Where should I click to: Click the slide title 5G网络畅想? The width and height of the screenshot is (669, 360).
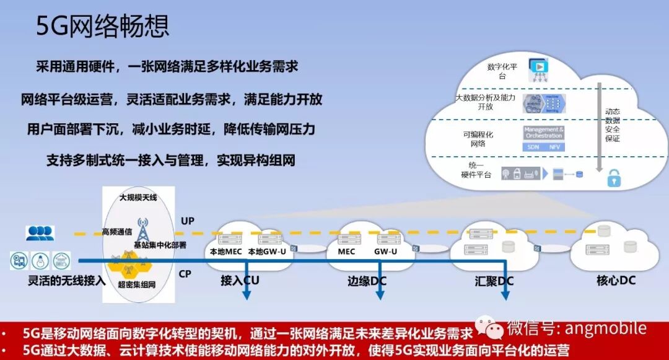(102, 26)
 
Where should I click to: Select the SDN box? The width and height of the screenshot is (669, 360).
(533, 147)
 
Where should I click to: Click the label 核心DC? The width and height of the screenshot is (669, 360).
(615, 281)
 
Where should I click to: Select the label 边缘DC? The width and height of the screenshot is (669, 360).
(367, 281)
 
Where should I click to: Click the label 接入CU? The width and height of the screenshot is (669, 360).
(240, 281)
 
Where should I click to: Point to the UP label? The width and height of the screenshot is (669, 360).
(188, 221)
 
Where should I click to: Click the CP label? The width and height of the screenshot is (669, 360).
(185, 273)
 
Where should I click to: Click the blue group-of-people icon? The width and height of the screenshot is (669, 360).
(40, 233)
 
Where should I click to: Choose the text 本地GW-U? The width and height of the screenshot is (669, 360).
(268, 252)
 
